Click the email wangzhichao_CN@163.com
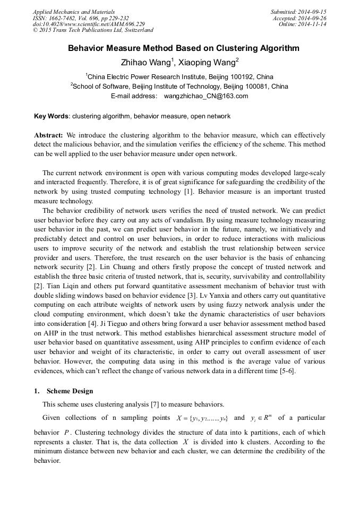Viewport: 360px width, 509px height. pos(206,96)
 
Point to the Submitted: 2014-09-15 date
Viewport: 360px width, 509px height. pos(298,12)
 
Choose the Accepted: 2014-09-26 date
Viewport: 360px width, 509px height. pos(299,18)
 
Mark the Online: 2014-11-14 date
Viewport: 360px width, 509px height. pos(302,24)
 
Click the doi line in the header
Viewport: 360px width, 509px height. pos(89,24)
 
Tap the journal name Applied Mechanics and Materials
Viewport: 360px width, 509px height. pos(74,12)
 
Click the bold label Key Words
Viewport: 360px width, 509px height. pos(51,116)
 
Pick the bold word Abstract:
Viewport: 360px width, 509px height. pos(49,135)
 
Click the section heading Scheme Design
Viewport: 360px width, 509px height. pos(70,391)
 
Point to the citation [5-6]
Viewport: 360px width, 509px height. pos(287,372)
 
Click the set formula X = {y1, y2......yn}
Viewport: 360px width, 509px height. pos(202,418)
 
